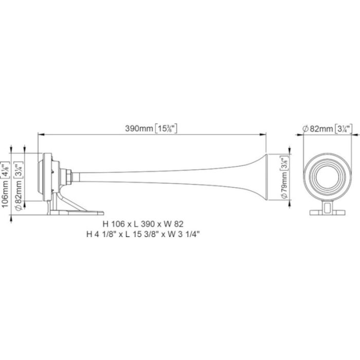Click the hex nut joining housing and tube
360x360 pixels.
(66, 176)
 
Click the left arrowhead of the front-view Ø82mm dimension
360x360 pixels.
(303, 135)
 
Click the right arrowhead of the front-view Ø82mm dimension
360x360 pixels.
(351, 135)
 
